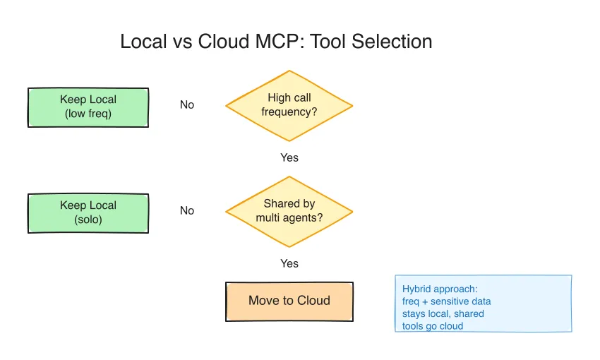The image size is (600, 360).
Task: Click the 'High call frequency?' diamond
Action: [x=289, y=106]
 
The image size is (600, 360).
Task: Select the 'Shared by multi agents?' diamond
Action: [x=289, y=212]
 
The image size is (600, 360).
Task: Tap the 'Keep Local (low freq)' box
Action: [x=88, y=107]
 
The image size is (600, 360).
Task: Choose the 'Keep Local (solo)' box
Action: [x=88, y=213]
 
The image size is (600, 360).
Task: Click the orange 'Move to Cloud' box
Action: [x=289, y=301]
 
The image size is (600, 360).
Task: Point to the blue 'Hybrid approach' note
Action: [x=484, y=304]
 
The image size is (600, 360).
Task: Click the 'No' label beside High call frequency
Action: [x=187, y=105]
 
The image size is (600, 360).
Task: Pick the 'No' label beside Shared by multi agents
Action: [x=187, y=211]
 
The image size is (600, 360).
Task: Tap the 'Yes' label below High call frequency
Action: [x=289, y=157]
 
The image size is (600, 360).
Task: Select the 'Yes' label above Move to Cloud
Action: [x=289, y=263]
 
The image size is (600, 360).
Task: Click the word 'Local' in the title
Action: [x=143, y=42]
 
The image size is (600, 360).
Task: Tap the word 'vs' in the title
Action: [x=182, y=42]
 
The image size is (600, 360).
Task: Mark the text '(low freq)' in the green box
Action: [x=88, y=114]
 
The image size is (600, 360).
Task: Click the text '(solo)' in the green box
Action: [x=88, y=220]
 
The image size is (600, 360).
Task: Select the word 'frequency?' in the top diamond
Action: [x=289, y=112]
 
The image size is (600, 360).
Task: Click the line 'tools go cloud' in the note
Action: [x=433, y=326]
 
